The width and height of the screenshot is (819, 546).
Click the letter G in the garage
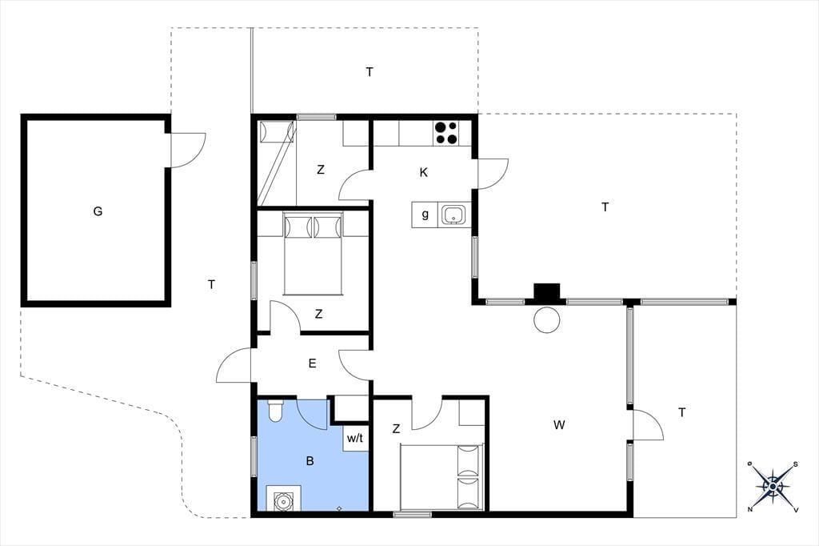pos(98,211)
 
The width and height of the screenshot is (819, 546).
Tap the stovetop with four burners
pos(446,133)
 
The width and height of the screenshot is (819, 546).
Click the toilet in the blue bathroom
pos(275,411)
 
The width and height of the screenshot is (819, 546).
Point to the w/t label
pos(354,438)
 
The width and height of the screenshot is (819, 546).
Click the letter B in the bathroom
pos(310,461)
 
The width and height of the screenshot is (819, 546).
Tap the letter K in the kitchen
pos(424,172)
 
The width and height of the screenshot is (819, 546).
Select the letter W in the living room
pos(559,424)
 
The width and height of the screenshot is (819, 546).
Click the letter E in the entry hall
pos(313,363)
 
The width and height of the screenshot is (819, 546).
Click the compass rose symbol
pos(773,487)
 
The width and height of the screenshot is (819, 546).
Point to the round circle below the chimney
pos(547,319)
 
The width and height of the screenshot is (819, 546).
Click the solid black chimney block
pos(547,292)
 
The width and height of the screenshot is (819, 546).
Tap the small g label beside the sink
pos(425,214)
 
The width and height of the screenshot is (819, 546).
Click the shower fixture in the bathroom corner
pos(284,498)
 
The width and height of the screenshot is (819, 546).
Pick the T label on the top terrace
pos(370,72)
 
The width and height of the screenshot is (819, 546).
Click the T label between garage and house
pos(211,284)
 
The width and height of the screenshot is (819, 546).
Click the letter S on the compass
pos(796,464)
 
